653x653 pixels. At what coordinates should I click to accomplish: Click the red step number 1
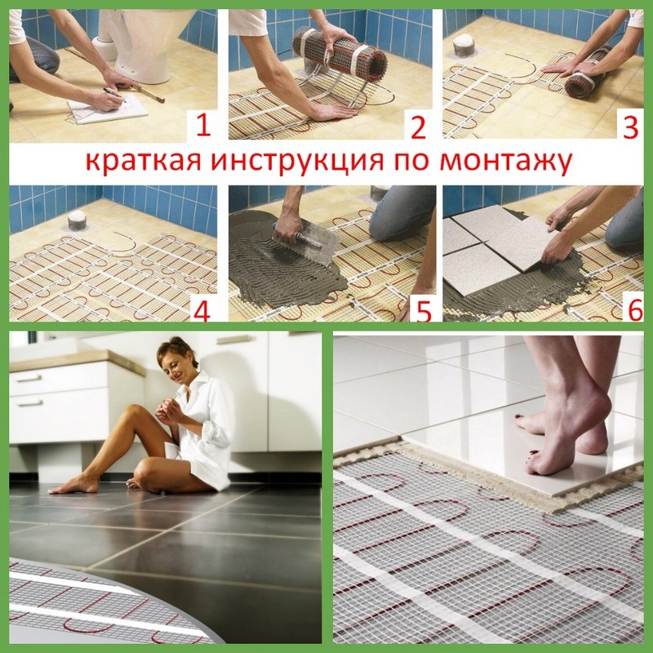pos(202,126)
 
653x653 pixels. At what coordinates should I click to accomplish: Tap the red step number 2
pos(418,128)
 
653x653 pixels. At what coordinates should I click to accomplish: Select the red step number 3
pos(630,127)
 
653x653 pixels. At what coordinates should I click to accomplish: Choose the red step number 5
pos(424,312)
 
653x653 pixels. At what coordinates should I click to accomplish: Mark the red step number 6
pos(636,310)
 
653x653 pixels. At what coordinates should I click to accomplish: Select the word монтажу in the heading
pos(505,162)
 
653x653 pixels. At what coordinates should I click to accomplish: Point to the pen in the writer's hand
pos(113,92)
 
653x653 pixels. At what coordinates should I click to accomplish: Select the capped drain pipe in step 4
pos(76,220)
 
